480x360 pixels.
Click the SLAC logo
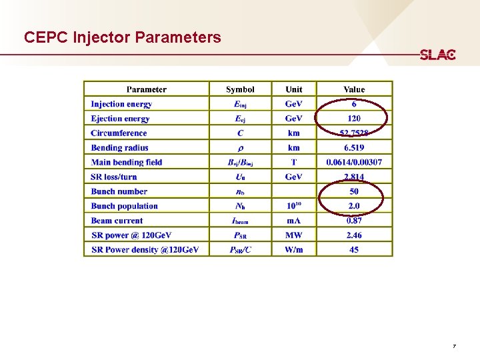[x=437, y=55]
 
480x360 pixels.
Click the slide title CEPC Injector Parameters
[x=122, y=37]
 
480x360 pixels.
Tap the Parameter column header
[x=147, y=89]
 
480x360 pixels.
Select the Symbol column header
[x=240, y=89]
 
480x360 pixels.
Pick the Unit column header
[x=293, y=89]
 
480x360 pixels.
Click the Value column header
[x=354, y=89]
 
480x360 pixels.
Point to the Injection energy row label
[x=121, y=104]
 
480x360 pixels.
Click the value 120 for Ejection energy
[x=354, y=119]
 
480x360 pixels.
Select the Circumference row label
[x=119, y=133]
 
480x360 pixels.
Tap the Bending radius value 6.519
[x=354, y=148]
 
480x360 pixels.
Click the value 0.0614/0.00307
[x=354, y=162]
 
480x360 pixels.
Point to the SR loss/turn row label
[x=114, y=177]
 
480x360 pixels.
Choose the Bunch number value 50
[x=354, y=191]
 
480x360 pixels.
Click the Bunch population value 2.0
[x=354, y=206]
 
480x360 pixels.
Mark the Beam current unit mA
[x=293, y=221]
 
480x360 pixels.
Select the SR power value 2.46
[x=354, y=235]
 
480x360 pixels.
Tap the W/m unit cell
[x=293, y=249]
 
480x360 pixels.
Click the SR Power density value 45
[x=354, y=249]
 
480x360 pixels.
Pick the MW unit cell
[x=293, y=235]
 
